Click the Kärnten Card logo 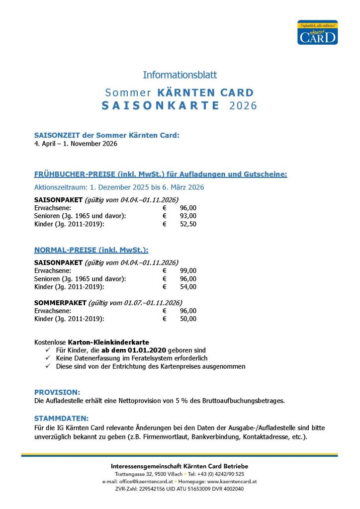coord(317,32)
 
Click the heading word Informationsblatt coord(180,75)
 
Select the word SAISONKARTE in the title coord(161,105)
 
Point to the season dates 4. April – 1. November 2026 coord(76,144)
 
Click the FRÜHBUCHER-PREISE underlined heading coord(161,174)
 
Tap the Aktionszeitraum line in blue coord(119,187)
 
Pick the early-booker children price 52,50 coord(188,224)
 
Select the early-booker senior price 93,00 coord(188,216)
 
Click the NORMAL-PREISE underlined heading coord(91,250)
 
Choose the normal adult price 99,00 coord(188,270)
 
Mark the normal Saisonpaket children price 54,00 coord(188,287)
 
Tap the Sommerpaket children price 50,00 coord(188,319)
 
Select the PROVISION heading coord(57,392)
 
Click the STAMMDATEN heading coord(61,419)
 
